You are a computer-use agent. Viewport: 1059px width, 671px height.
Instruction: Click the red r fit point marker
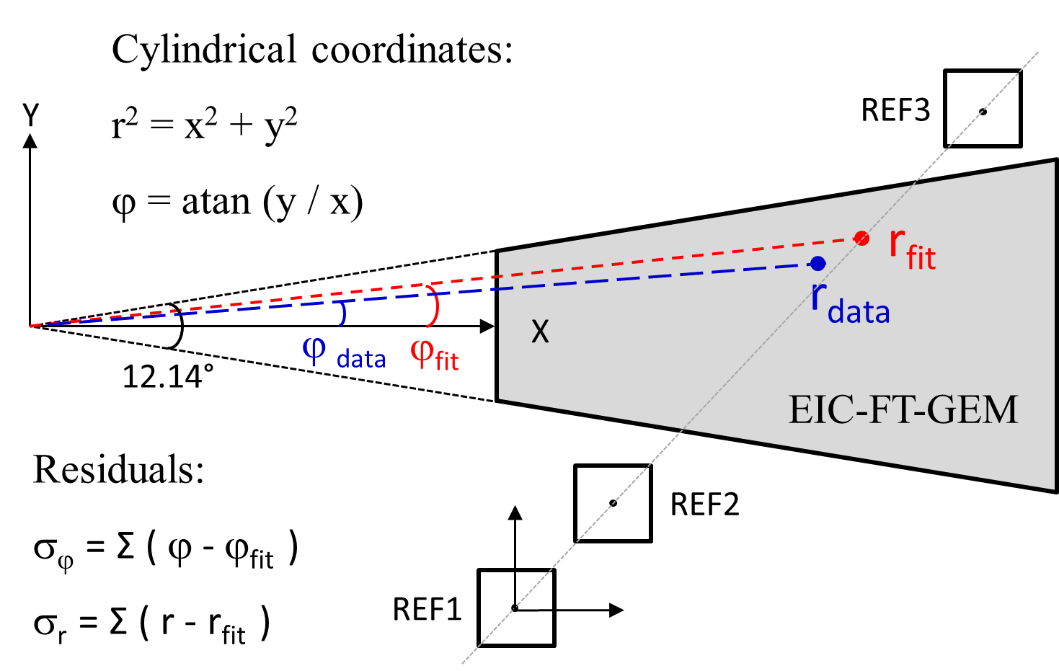[861, 239]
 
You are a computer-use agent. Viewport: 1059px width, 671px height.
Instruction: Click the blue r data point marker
[817, 264]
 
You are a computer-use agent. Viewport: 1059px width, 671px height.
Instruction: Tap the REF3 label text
[895, 110]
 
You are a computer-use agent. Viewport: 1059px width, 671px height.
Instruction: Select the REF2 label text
[704, 505]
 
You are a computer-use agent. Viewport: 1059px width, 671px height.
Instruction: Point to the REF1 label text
[427, 610]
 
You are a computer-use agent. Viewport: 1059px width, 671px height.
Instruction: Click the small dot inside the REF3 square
[983, 112]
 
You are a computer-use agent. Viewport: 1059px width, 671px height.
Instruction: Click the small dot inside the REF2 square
[613, 503]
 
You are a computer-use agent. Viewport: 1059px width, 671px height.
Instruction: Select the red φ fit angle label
[434, 355]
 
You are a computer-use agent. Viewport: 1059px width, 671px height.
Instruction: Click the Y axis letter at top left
[31, 115]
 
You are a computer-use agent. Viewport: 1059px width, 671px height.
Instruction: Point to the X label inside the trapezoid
[540, 332]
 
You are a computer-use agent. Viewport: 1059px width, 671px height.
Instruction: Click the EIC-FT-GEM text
[903, 410]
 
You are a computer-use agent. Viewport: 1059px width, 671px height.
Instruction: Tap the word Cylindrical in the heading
[204, 50]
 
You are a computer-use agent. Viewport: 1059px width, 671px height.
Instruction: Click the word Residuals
[119, 470]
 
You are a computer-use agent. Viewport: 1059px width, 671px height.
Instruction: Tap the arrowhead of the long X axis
[487, 326]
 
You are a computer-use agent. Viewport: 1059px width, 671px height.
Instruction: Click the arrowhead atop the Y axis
[30, 140]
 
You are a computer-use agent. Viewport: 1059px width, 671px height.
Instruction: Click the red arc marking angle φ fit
[435, 307]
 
